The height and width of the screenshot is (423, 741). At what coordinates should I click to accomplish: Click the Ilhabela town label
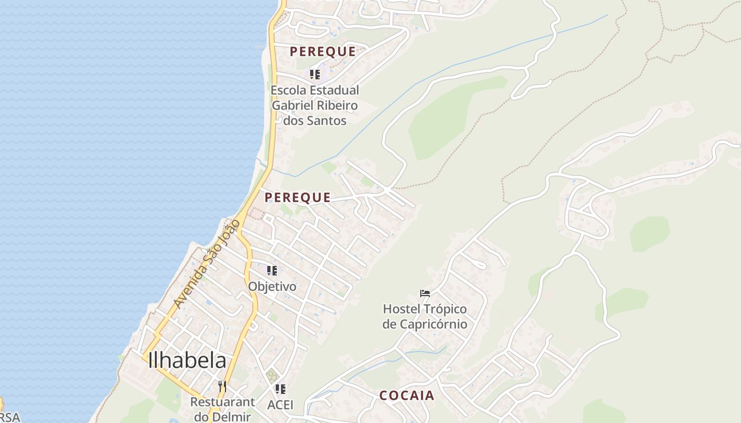[x=187, y=360]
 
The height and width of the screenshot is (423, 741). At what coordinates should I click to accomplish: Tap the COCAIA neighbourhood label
[x=406, y=396]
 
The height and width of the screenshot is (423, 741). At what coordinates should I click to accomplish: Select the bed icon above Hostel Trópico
[x=425, y=293]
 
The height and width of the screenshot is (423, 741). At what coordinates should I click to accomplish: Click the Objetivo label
[x=272, y=287]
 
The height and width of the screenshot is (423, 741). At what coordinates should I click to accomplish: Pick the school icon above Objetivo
[x=272, y=271]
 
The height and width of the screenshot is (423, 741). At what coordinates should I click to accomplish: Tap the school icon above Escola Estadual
[x=315, y=74]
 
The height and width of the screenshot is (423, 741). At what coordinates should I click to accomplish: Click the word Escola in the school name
[x=288, y=90]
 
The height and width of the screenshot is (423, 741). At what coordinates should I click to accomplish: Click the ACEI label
[x=280, y=405]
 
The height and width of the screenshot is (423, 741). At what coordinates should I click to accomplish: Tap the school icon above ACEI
[x=281, y=389]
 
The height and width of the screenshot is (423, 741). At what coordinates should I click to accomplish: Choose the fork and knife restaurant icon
[x=222, y=387]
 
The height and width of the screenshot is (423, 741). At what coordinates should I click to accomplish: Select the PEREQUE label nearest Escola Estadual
[x=322, y=51]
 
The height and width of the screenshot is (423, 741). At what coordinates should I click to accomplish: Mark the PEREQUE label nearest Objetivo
[x=297, y=197]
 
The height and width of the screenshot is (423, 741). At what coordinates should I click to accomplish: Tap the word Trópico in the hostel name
[x=444, y=308]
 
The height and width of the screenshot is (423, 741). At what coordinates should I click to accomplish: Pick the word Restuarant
[x=222, y=402]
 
